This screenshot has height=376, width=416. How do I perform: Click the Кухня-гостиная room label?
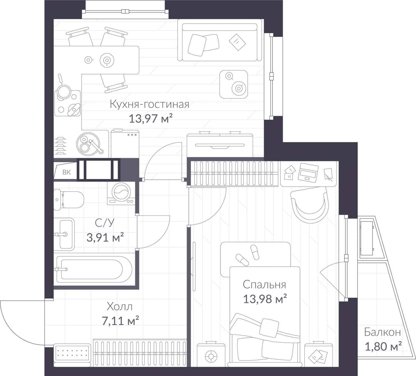(x=149, y=105)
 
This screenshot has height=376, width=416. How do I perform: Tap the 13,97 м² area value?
(x=151, y=119)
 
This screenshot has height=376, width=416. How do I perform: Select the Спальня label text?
(x=264, y=285)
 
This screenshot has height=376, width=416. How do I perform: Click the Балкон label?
(x=382, y=332)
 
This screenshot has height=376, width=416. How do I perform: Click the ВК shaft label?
(x=67, y=172)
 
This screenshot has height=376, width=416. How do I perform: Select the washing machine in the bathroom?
(x=121, y=193)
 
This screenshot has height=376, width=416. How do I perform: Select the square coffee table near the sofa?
(x=233, y=84)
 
